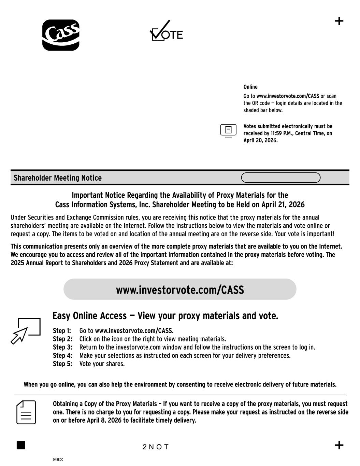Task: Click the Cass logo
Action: click(x=61, y=35)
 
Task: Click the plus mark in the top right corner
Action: click(x=339, y=21)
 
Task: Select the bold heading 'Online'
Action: click(x=250, y=87)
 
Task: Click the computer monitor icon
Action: click(x=228, y=130)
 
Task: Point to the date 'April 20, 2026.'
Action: click(x=260, y=140)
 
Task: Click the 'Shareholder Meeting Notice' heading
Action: click(x=58, y=178)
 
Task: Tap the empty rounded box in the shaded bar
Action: click(x=280, y=178)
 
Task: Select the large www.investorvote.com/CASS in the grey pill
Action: click(x=180, y=290)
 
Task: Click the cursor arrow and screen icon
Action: click(x=26, y=330)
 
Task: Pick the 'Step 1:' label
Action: click(x=62, y=331)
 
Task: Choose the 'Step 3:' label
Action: click(x=62, y=347)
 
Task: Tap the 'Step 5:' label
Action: click(x=62, y=364)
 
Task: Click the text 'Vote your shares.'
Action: click(x=102, y=364)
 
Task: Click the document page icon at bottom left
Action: click(x=26, y=412)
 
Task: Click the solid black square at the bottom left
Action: click(x=21, y=445)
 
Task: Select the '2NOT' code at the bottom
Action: click(x=156, y=447)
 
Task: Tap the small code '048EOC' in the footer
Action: click(x=58, y=460)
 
